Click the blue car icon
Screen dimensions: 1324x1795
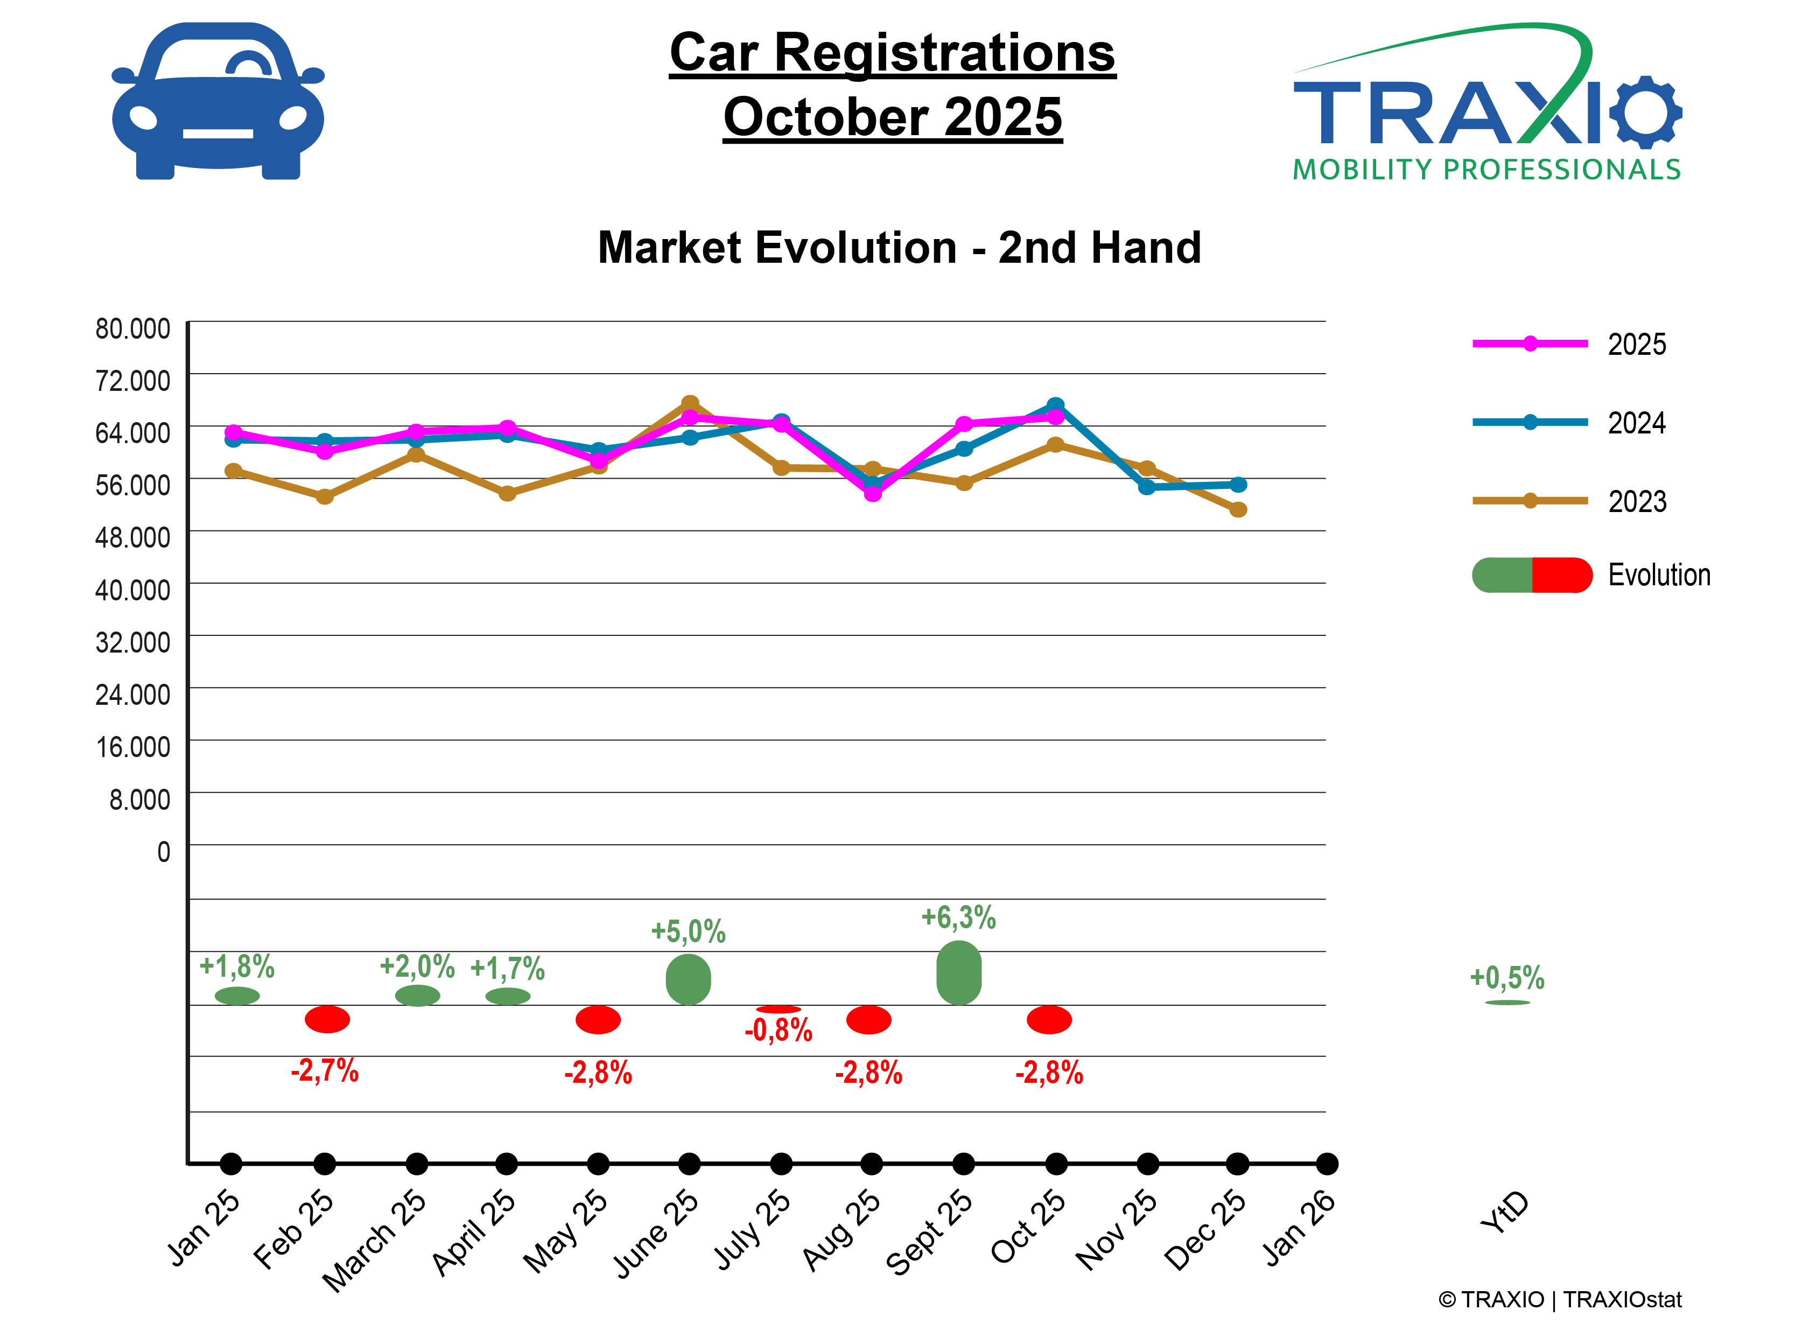(218, 101)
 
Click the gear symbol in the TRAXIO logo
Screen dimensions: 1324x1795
(1645, 112)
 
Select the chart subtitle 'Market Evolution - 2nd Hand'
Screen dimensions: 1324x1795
(899, 248)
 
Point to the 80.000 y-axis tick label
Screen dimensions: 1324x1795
(133, 328)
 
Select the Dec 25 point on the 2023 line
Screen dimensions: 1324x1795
(1238, 510)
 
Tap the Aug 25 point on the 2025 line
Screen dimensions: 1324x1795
(873, 494)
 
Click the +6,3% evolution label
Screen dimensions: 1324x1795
(958, 917)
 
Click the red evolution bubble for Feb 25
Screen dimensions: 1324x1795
(327, 1019)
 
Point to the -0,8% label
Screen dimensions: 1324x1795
(778, 1031)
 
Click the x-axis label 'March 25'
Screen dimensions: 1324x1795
(375, 1239)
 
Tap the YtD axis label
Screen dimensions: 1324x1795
(1505, 1212)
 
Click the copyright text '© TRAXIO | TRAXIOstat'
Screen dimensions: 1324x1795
(1559, 1300)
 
